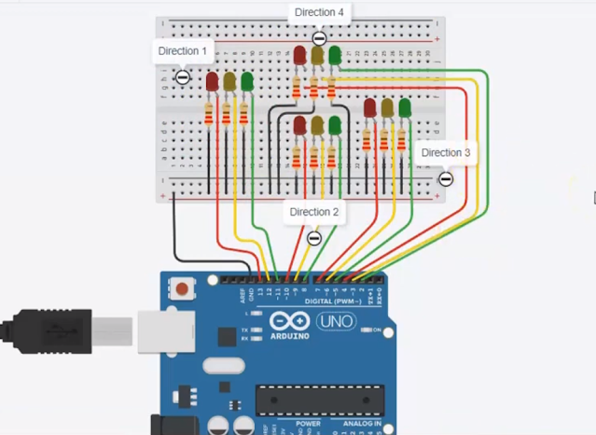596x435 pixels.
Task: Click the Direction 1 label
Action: click(x=183, y=51)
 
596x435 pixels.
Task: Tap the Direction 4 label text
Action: click(x=319, y=12)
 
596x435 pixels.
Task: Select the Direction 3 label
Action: click(x=446, y=152)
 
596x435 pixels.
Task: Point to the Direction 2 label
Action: click(x=314, y=212)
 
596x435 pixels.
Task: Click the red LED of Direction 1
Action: click(x=213, y=82)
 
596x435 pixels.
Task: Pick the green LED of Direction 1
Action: click(x=247, y=82)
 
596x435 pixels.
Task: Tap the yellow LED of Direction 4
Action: click(x=317, y=56)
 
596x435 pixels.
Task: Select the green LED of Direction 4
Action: click(x=335, y=56)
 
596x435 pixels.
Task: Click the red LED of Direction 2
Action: click(x=300, y=125)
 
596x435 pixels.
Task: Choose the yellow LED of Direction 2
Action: click(x=317, y=125)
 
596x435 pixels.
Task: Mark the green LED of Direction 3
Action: click(x=405, y=108)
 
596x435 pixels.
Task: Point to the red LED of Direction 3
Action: click(x=370, y=108)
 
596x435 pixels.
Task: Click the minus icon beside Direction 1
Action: click(x=183, y=77)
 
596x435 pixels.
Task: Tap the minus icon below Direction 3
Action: click(x=446, y=178)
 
